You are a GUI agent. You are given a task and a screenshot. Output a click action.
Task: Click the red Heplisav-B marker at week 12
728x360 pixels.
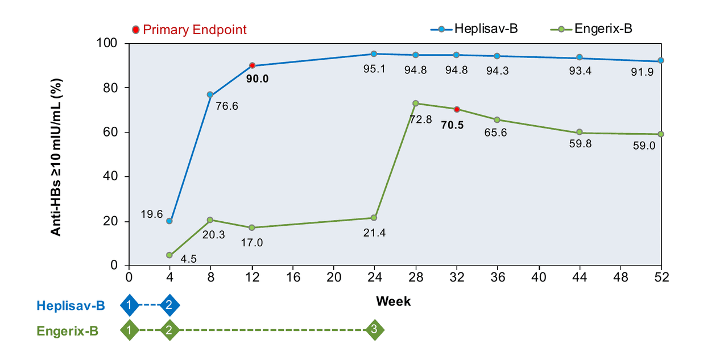[x=251, y=65]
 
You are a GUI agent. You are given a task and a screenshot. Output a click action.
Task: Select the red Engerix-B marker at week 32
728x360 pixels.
[x=456, y=109]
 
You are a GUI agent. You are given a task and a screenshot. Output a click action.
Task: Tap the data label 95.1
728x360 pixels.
[x=374, y=68]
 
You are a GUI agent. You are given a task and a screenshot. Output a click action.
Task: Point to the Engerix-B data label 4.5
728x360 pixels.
[x=188, y=259]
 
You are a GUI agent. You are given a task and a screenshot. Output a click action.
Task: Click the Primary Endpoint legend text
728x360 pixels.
[x=195, y=30]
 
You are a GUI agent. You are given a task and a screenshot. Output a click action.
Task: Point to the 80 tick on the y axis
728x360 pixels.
[x=113, y=88]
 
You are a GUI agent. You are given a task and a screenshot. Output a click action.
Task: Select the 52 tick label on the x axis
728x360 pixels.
[x=661, y=278]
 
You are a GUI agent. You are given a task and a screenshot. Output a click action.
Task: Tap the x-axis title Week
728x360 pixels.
[x=393, y=301]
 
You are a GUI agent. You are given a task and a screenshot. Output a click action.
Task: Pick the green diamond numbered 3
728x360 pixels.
[x=374, y=329]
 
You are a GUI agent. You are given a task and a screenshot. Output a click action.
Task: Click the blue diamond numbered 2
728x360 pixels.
[x=169, y=305]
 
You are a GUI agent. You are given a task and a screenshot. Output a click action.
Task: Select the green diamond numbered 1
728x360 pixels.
[x=130, y=329]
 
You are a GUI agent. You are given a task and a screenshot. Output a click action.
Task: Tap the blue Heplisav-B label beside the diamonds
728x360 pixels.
[x=71, y=306]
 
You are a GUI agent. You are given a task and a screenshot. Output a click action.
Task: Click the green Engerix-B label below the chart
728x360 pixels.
[x=68, y=330]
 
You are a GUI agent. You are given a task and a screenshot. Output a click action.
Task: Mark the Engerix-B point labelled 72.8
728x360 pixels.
[x=415, y=103]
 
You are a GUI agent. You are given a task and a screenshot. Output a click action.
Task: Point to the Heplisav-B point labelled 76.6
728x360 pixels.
[x=210, y=94]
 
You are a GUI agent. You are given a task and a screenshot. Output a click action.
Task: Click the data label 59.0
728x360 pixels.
[x=644, y=146]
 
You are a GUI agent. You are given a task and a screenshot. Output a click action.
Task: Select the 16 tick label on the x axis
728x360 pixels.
[x=292, y=278]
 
